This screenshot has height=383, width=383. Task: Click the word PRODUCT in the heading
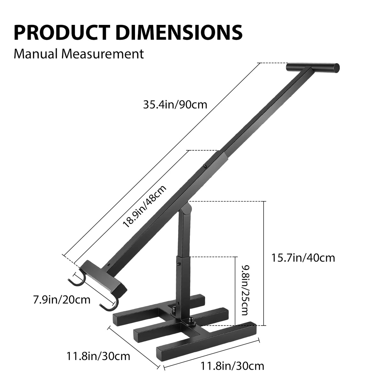62,33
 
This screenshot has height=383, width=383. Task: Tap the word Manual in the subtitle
36,54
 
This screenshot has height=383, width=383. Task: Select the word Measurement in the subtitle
102,54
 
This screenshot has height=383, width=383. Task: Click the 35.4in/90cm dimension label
175,105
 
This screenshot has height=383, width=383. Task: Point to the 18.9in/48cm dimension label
145,206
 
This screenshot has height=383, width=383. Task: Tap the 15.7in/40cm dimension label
303,258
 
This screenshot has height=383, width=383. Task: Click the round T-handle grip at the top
313,68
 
